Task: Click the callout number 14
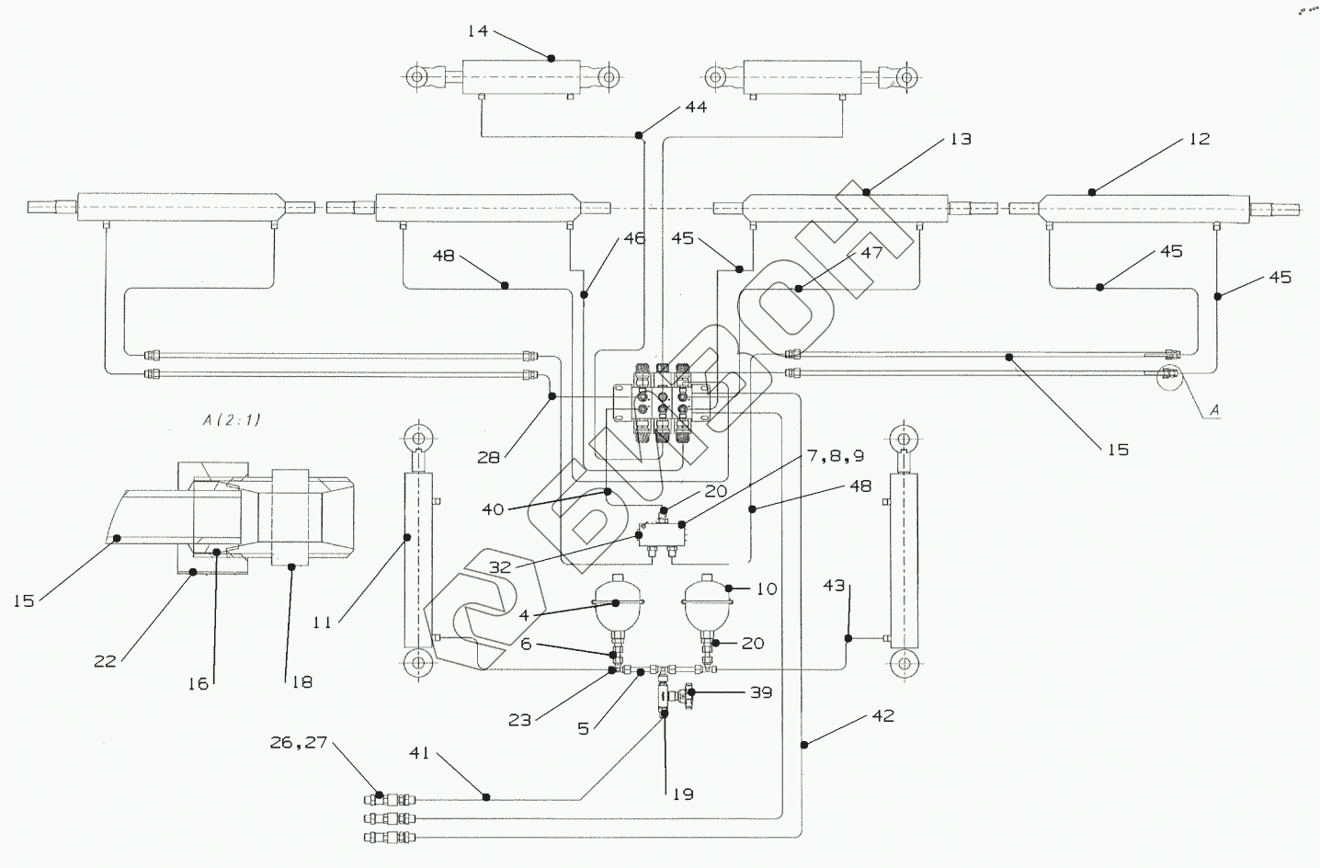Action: pyautogui.click(x=478, y=31)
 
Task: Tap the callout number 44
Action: pyautogui.click(x=696, y=108)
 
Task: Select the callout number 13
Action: pyautogui.click(x=961, y=139)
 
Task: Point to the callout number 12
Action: pyautogui.click(x=1200, y=139)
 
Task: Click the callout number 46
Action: pyautogui.click(x=634, y=238)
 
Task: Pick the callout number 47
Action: pyautogui.click(x=872, y=253)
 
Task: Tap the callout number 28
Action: pyautogui.click(x=488, y=457)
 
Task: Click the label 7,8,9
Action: pyautogui.click(x=835, y=455)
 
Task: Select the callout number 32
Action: pyautogui.click(x=500, y=567)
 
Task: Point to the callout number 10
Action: pyautogui.click(x=767, y=588)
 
